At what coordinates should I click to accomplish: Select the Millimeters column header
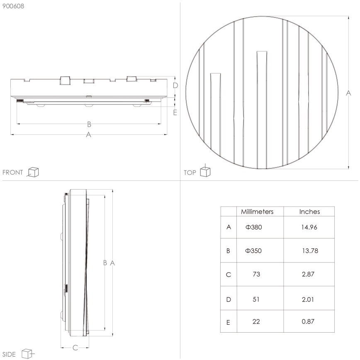coord(257,212)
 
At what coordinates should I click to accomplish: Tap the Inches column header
coord(309,212)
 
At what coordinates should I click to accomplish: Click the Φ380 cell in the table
coord(254,227)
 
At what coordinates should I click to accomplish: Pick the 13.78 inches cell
coord(310,251)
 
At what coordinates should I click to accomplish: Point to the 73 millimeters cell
coord(256,275)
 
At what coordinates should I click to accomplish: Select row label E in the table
coord(229,322)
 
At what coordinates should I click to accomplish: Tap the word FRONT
coord(12,173)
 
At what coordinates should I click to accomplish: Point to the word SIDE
coord(9,354)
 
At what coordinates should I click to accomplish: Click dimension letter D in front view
coord(175,85)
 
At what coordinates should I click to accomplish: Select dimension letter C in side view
coord(75,348)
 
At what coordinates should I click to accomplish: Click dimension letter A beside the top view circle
coord(348,93)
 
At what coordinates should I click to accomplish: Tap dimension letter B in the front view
coord(89,124)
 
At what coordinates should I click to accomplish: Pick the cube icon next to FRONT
coord(33,172)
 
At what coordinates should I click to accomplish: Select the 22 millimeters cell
coord(256,322)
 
